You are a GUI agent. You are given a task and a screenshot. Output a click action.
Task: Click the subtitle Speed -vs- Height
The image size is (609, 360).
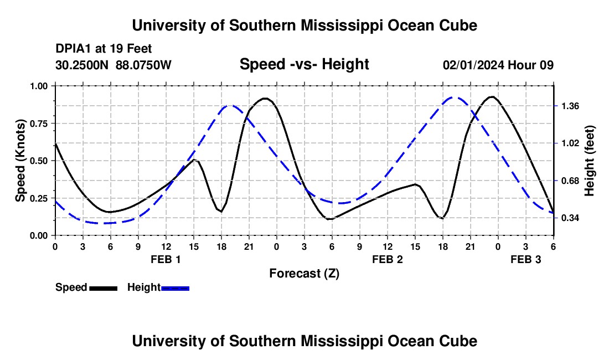[x=304, y=65]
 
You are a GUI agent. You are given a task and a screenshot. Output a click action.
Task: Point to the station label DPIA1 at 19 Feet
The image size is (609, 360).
[x=104, y=49]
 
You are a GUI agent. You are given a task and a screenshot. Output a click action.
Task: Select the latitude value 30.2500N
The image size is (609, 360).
[x=83, y=65]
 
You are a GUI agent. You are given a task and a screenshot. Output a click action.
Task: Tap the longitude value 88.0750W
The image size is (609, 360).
[x=143, y=65]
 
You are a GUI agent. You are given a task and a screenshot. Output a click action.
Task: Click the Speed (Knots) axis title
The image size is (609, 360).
[x=20, y=161]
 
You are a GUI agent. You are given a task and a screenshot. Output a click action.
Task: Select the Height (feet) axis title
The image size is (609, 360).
[x=589, y=161]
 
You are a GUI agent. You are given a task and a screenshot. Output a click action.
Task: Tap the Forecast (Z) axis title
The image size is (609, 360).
[x=304, y=273]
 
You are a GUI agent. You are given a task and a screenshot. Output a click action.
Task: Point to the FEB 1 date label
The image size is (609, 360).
[x=166, y=259]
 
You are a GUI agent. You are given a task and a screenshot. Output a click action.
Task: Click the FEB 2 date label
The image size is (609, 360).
[x=387, y=259]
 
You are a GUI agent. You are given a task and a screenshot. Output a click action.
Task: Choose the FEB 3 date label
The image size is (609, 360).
[x=525, y=259]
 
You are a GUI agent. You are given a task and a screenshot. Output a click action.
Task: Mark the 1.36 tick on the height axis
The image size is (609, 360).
[x=570, y=106]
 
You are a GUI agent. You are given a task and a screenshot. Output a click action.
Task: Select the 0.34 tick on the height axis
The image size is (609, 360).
[x=570, y=218]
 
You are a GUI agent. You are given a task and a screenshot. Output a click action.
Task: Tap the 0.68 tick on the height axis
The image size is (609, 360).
[x=570, y=181]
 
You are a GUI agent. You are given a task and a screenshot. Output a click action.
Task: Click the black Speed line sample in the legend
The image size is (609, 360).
[x=103, y=288]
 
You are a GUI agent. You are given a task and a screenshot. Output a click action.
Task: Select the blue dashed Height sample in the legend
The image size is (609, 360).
[x=175, y=288]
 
